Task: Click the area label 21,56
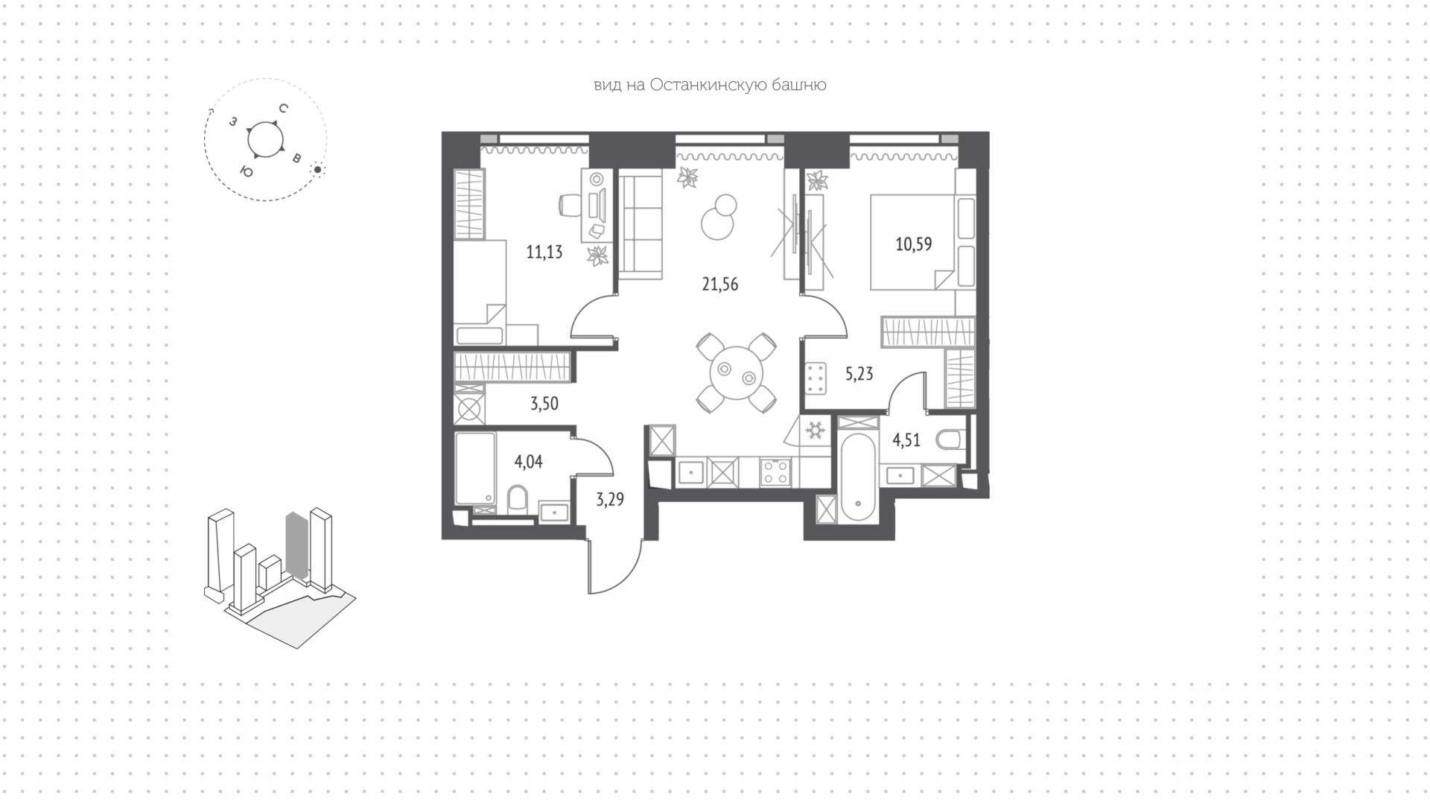[719, 284]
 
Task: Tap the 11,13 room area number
[544, 252]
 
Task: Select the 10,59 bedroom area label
[913, 244]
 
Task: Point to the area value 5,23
[859, 374]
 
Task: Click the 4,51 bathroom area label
[906, 440]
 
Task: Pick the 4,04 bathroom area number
[528, 462]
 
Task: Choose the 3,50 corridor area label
[544, 404]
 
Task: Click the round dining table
[737, 373]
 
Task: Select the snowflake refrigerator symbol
[814, 430]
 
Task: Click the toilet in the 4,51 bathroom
[950, 440]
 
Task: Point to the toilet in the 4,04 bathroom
[518, 499]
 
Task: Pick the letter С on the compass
[283, 108]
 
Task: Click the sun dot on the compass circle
[318, 170]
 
